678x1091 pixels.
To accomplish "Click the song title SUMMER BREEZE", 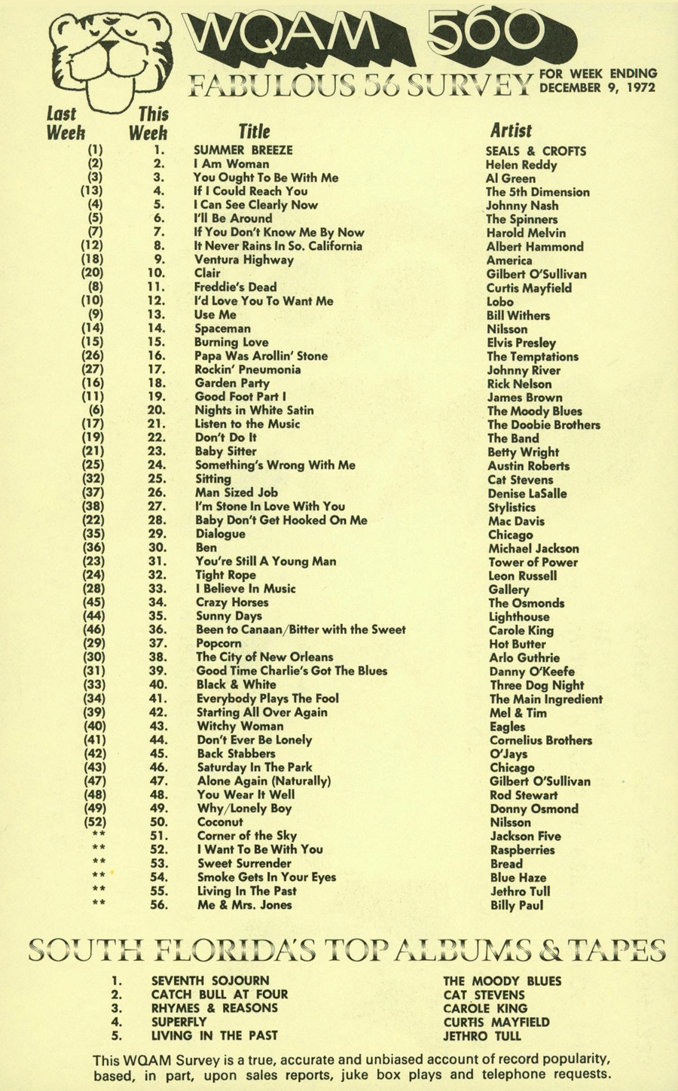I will click(x=243, y=151).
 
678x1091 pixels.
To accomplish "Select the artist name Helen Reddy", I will click(x=521, y=165).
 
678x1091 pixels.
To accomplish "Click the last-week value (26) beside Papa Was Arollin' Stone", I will click(x=95, y=355).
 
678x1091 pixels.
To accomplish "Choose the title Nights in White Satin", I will click(x=254, y=410).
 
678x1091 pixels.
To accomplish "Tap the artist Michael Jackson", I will click(x=533, y=549).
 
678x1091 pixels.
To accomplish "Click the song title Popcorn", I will click(x=218, y=644).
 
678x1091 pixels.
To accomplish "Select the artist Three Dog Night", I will click(x=536, y=685).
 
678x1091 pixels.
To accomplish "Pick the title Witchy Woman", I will click(x=240, y=727).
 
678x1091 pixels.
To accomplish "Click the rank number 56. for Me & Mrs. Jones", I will click(x=157, y=905).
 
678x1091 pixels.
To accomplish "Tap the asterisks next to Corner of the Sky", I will click(x=99, y=836).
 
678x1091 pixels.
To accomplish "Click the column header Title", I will click(x=254, y=131).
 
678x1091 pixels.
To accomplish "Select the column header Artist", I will click(x=511, y=130).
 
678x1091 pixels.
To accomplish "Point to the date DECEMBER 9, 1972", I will click(x=598, y=87).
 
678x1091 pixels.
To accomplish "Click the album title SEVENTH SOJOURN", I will click(x=209, y=981).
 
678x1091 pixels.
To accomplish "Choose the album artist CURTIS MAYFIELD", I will click(x=496, y=1022).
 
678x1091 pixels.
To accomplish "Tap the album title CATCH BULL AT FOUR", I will click(x=219, y=995).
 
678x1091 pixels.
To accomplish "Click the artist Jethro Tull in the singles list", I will click(x=520, y=891).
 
